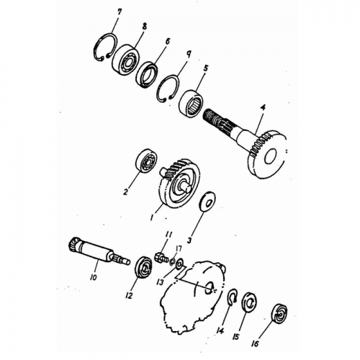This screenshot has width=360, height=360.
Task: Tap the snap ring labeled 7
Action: (95, 52)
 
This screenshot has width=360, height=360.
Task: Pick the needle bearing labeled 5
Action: (192, 104)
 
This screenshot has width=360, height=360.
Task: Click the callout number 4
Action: (263, 108)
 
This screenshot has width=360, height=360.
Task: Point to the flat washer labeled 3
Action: (208, 202)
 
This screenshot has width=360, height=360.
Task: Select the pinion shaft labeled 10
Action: (99, 253)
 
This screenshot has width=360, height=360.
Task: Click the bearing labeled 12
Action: (144, 267)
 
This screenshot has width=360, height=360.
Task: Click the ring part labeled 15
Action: (248, 303)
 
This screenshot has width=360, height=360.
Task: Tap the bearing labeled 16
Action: (279, 314)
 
